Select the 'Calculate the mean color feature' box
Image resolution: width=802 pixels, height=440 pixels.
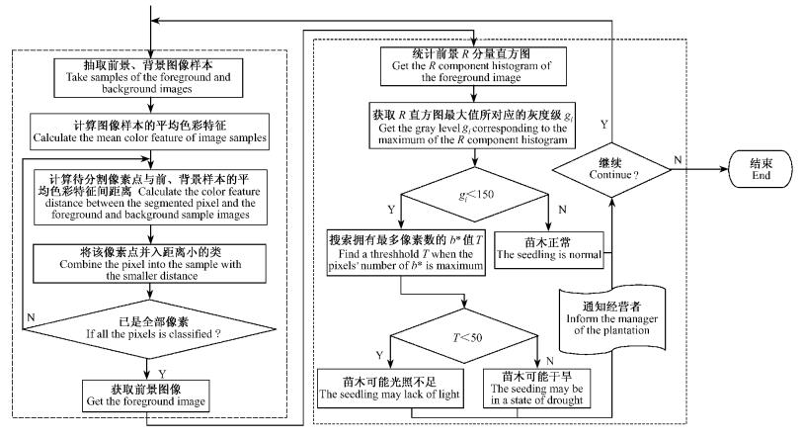(x=148, y=130)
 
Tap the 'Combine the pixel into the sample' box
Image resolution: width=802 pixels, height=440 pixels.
(x=148, y=261)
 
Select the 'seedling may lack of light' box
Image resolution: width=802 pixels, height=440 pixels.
(x=385, y=389)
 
